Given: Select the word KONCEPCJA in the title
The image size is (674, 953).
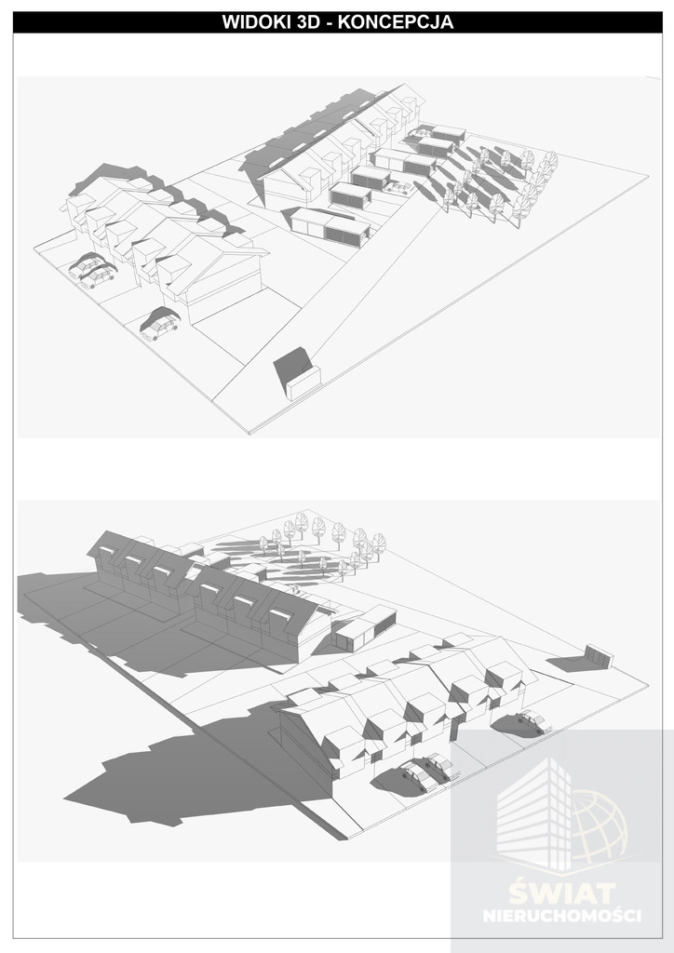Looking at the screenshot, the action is pyautogui.click(x=395, y=22).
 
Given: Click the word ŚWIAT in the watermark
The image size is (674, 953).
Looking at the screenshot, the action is pyautogui.click(x=562, y=893).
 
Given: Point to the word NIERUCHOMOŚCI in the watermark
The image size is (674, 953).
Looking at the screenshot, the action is pyautogui.click(x=562, y=916).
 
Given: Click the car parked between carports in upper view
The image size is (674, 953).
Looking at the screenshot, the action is pyautogui.click(x=398, y=188).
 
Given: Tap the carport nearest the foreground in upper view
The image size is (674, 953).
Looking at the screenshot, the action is pyautogui.click(x=330, y=223).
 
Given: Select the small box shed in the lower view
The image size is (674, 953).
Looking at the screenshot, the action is pyautogui.click(x=599, y=656).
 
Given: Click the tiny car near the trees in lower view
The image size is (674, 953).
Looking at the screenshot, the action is pyautogui.click(x=293, y=588).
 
